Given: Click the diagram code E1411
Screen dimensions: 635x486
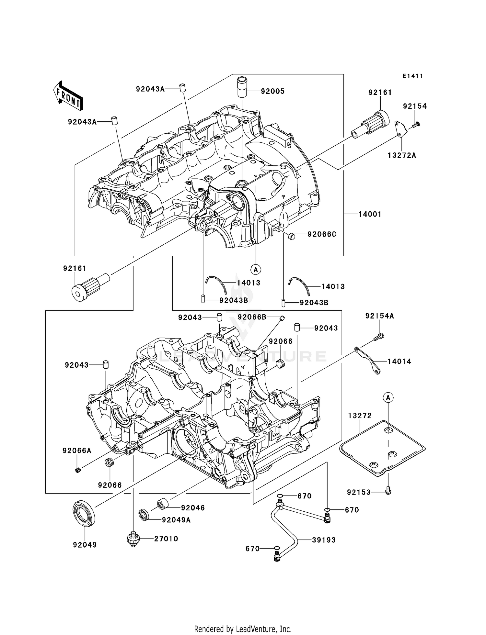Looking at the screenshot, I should (413, 76).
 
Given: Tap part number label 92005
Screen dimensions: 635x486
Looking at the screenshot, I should (272, 92).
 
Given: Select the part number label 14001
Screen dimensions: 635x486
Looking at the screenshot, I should (370, 214).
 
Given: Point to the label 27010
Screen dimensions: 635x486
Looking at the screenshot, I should (166, 539).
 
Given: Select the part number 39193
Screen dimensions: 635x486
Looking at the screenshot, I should (324, 540).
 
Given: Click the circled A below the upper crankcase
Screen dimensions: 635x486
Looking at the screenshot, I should (256, 269).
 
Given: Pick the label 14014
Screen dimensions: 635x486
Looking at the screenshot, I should (399, 362).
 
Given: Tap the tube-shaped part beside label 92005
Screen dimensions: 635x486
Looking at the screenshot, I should (242, 86).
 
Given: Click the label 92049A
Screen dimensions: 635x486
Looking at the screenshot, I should (176, 520).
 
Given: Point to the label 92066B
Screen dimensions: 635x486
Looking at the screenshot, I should (252, 317).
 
